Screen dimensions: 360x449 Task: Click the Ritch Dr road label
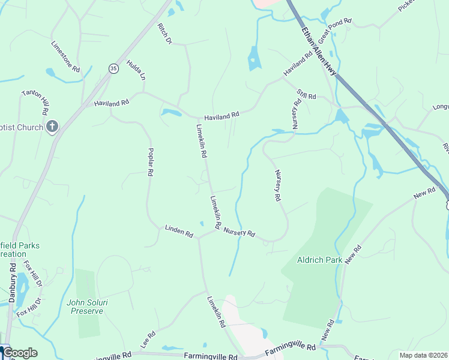click(x=164, y=34)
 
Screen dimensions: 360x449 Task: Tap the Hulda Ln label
click(x=136, y=70)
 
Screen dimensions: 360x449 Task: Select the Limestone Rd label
click(x=65, y=57)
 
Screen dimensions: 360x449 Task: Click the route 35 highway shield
click(x=113, y=69)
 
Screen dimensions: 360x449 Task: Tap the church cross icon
click(x=52, y=127)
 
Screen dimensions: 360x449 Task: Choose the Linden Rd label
click(x=179, y=231)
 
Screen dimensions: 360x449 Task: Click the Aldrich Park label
click(x=319, y=260)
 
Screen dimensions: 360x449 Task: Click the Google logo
click(x=20, y=353)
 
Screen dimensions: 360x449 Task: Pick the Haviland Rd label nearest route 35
click(x=112, y=103)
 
